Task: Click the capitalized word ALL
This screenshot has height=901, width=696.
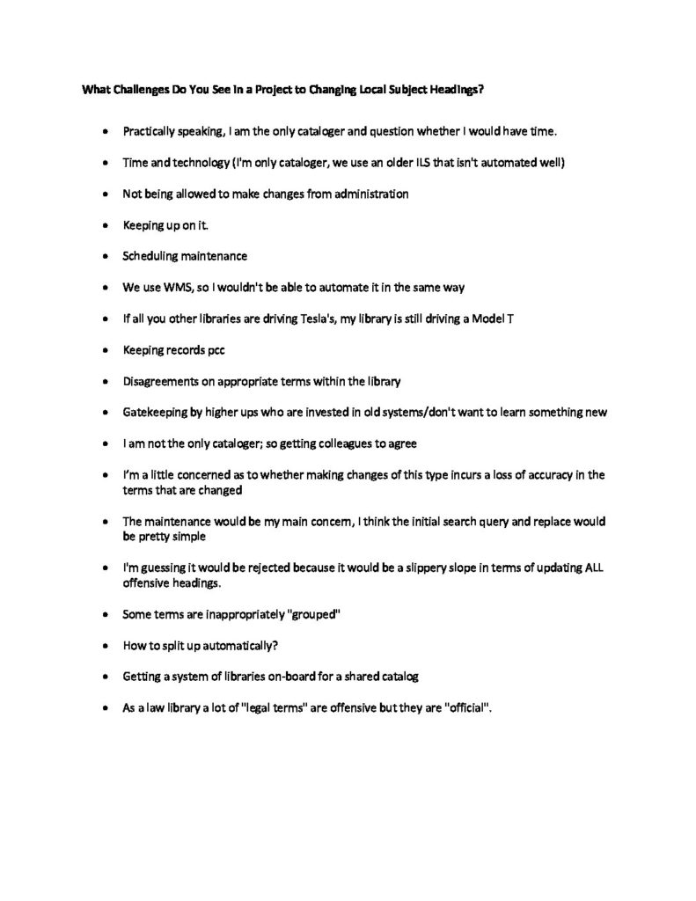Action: click(x=594, y=567)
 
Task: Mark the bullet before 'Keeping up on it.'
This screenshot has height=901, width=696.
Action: click(x=106, y=225)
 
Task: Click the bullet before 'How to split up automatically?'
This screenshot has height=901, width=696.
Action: click(x=106, y=645)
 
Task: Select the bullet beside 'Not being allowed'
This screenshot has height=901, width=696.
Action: click(x=106, y=194)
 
